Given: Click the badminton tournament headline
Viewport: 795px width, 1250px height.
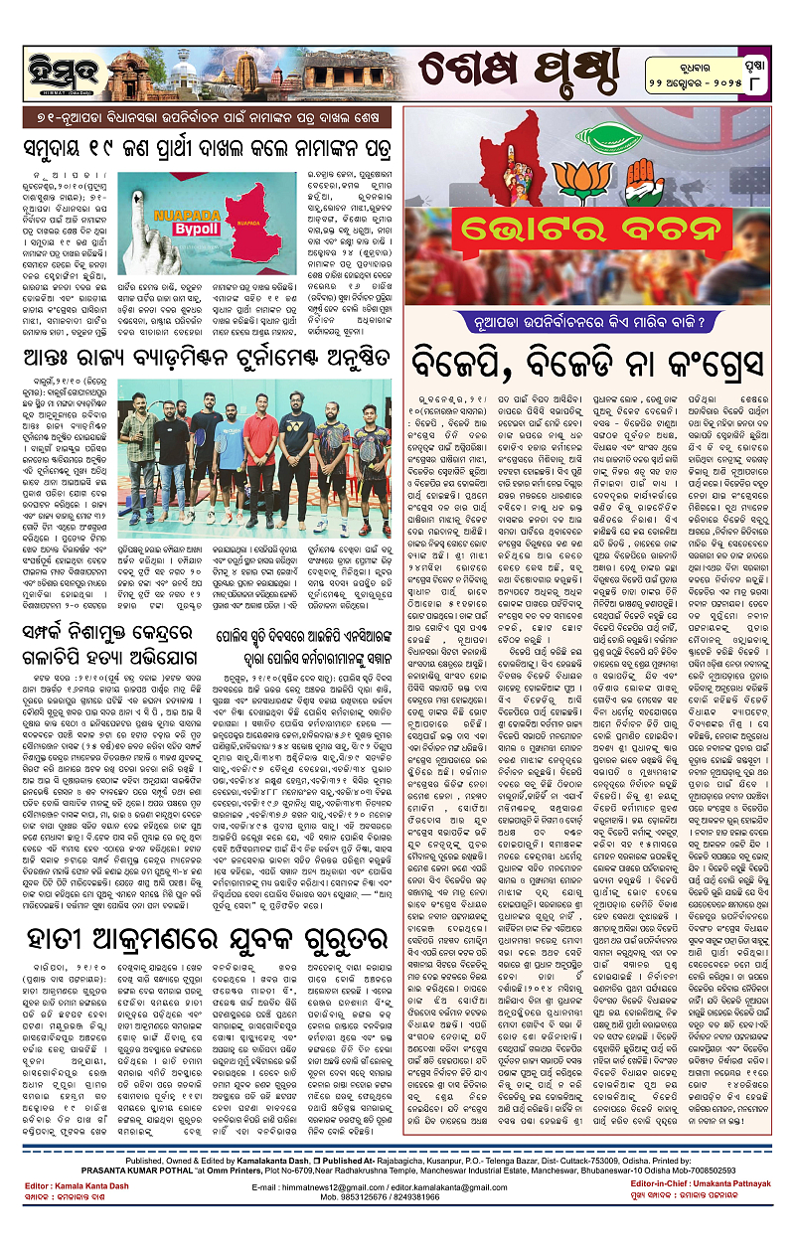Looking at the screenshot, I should (204, 349).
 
